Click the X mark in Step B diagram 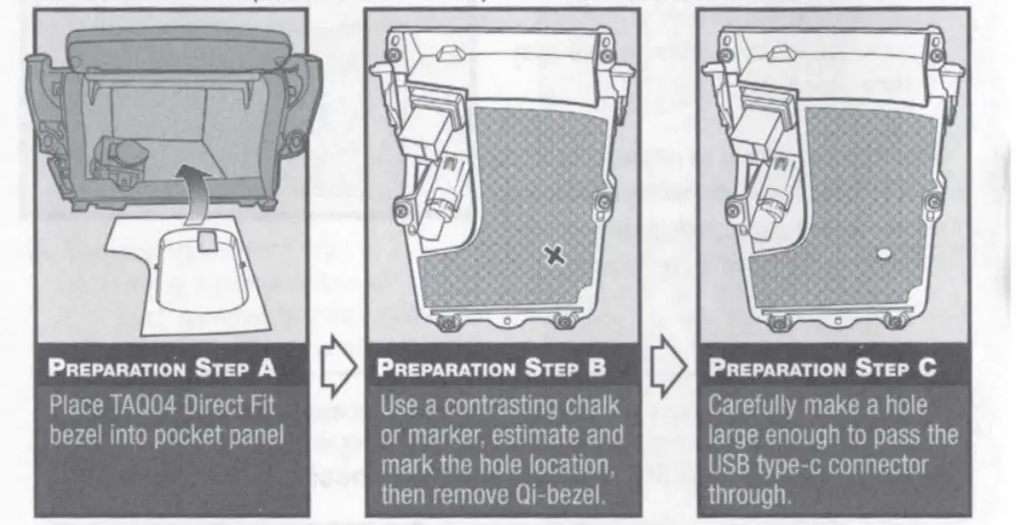[553, 255]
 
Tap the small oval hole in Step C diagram [883, 255]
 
